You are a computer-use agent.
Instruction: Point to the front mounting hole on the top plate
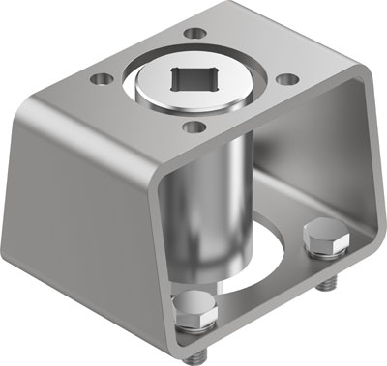coord(193,127)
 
